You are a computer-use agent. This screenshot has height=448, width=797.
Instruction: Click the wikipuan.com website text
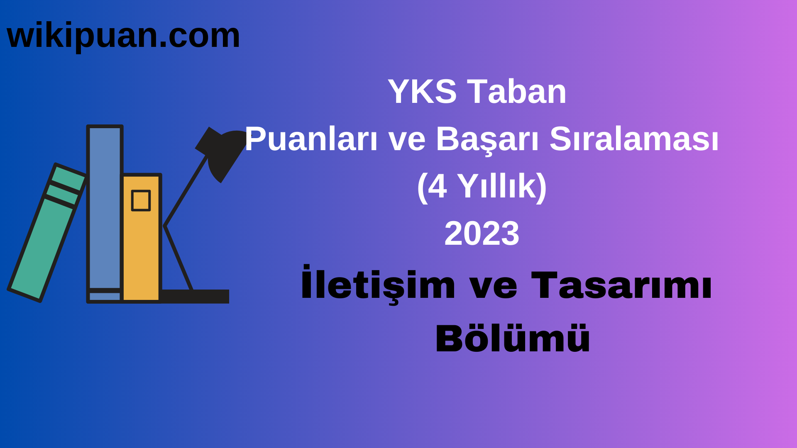[x=123, y=36]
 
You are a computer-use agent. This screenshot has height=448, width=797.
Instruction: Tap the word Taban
[x=517, y=92]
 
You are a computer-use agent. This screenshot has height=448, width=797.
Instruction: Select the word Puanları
[x=311, y=139]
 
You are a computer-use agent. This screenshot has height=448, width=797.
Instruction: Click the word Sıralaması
[x=634, y=139]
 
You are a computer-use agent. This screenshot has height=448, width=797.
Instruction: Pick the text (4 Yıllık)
[x=482, y=186]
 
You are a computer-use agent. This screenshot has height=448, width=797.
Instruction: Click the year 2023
[x=482, y=234]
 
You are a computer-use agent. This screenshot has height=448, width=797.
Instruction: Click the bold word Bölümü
[x=513, y=338]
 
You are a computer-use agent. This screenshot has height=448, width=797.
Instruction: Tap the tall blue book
[x=105, y=207]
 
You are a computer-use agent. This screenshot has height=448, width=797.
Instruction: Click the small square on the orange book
[x=141, y=201]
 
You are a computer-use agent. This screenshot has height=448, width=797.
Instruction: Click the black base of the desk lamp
[x=195, y=296]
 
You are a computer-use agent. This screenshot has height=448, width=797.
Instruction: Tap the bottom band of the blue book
[x=105, y=296]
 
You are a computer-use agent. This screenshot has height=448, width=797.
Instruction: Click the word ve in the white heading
[x=406, y=139]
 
